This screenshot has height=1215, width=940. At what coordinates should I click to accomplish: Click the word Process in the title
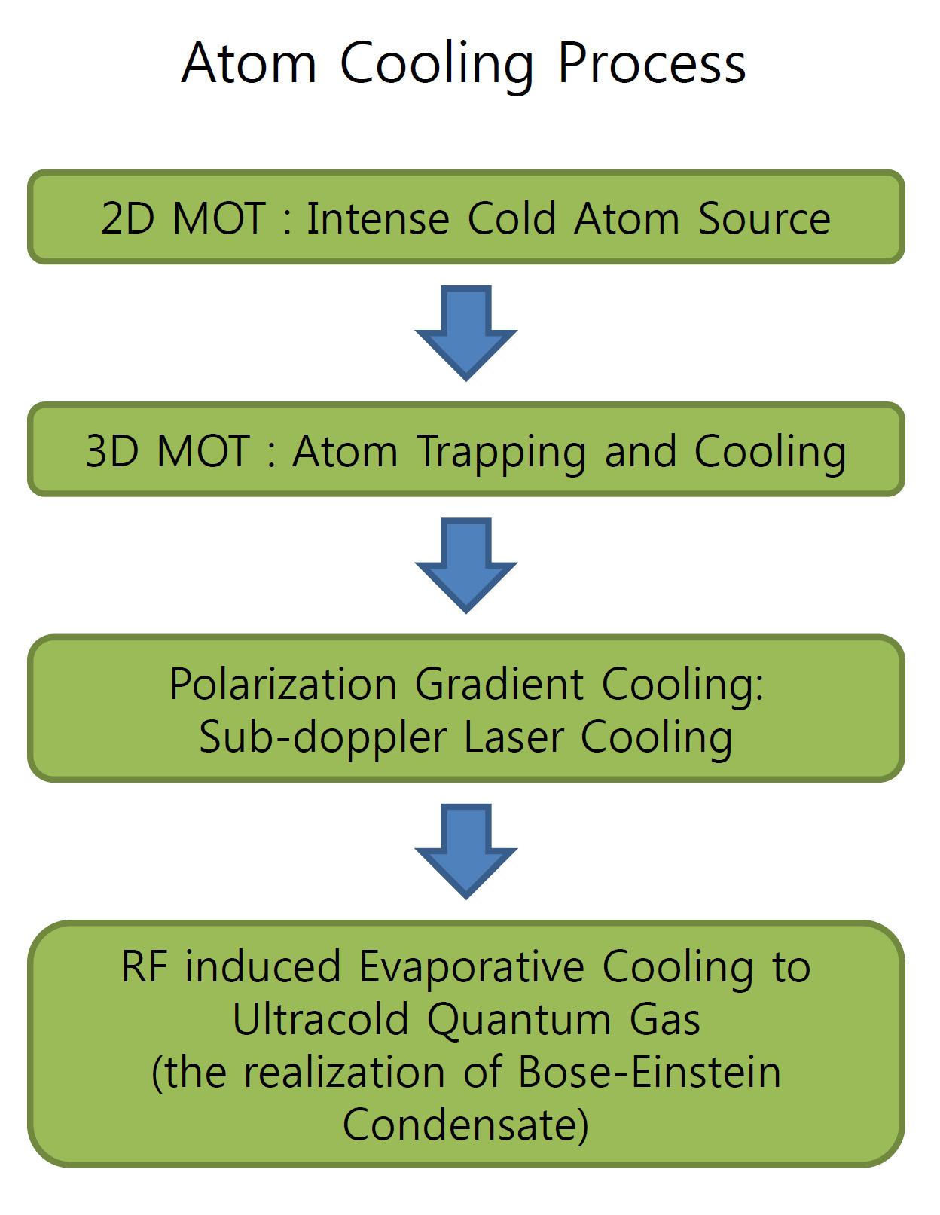[652, 64]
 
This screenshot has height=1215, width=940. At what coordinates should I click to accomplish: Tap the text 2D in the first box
[127, 219]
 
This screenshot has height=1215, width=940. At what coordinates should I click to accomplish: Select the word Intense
[377, 219]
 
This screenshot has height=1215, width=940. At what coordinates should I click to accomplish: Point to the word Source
[764, 219]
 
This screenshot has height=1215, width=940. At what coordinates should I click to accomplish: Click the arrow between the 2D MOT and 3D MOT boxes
[466, 331]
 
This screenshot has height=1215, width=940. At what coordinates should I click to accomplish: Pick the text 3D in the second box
[113, 452]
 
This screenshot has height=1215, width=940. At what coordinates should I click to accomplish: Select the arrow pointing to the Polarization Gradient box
[466, 564]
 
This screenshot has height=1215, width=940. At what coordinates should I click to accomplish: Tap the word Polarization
[282, 685]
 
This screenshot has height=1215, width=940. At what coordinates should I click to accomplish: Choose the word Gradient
[499, 685]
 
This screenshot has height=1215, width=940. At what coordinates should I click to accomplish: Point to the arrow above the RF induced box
[466, 850]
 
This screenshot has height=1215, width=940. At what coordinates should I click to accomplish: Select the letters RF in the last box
[144, 967]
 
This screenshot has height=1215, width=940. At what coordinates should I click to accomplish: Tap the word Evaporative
[472, 967]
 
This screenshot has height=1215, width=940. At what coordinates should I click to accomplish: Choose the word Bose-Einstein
[649, 1073]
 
